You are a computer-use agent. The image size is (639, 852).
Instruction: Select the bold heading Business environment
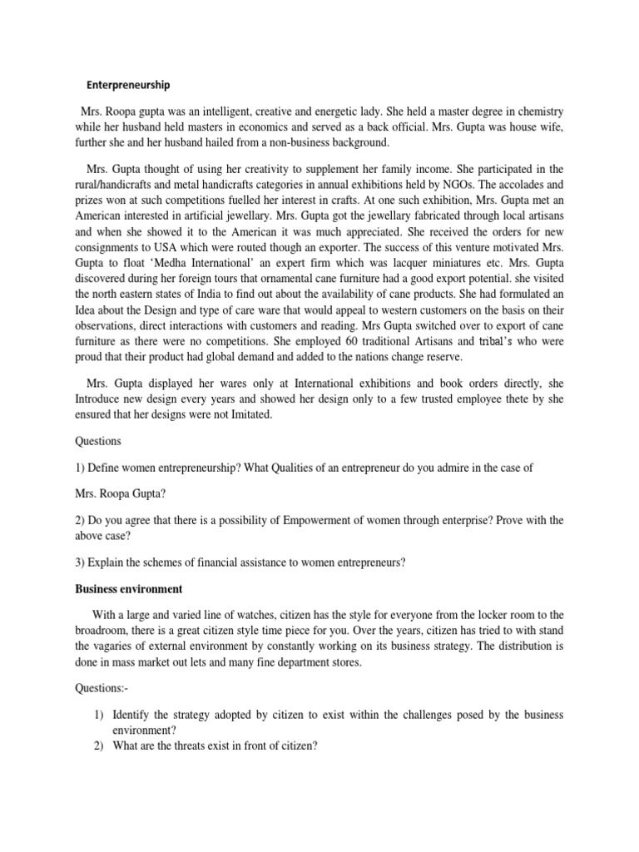(128, 589)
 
